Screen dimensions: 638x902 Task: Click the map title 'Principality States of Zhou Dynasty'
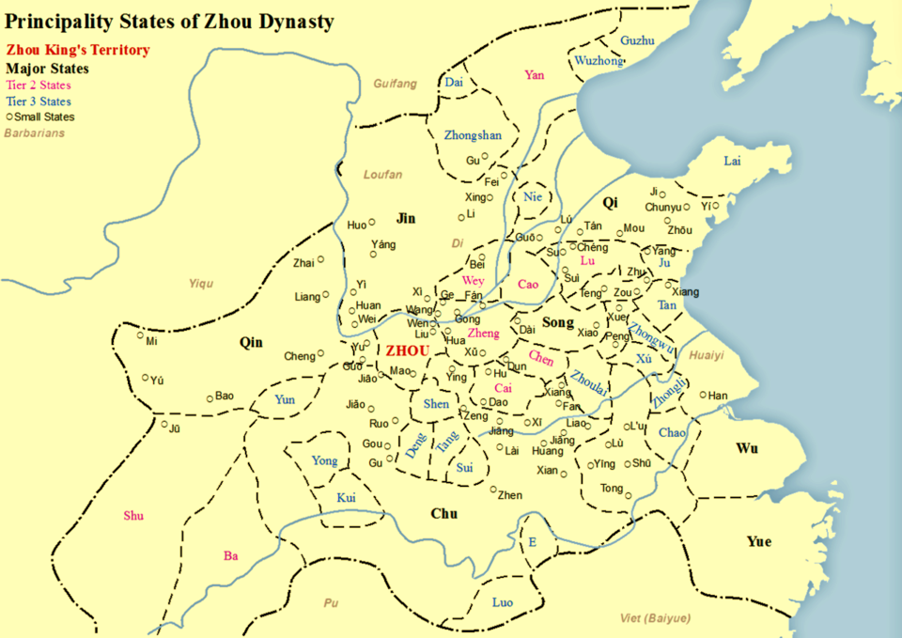169,21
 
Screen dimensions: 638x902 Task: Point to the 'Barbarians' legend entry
35,133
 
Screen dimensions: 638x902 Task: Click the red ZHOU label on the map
407,350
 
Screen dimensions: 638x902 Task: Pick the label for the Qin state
251,342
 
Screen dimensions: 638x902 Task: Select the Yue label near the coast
758,541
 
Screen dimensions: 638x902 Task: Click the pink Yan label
535,75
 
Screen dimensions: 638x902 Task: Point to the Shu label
134,515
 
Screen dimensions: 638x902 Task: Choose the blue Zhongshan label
473,135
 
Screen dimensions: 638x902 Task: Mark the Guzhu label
638,40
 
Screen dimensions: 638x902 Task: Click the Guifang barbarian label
395,84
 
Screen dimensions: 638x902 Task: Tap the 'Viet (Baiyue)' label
656,617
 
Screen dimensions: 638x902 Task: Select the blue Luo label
503,601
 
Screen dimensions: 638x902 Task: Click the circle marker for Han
703,395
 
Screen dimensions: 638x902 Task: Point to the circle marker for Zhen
493,488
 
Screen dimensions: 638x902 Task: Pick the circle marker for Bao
210,397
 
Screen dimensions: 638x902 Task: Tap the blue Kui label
347,497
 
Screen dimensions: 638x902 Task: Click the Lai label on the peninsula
732,161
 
